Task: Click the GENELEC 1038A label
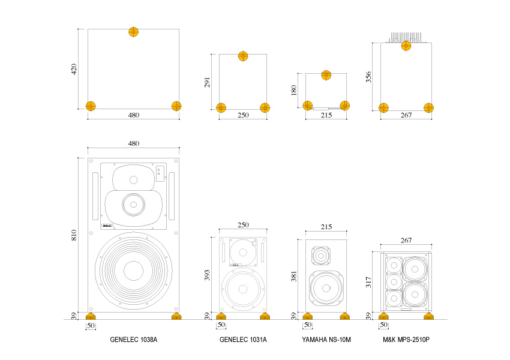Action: (133, 340)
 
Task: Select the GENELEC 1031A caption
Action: (243, 340)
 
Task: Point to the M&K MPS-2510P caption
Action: (406, 340)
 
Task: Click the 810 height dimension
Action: (74, 235)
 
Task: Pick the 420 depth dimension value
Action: (74, 69)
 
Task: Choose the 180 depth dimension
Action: (294, 91)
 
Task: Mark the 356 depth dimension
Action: (369, 77)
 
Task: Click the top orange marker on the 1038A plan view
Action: (133, 32)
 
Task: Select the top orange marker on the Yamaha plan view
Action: (326, 75)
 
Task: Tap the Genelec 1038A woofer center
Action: (133, 271)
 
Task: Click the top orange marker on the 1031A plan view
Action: (243, 56)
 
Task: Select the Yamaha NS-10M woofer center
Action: (326, 289)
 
